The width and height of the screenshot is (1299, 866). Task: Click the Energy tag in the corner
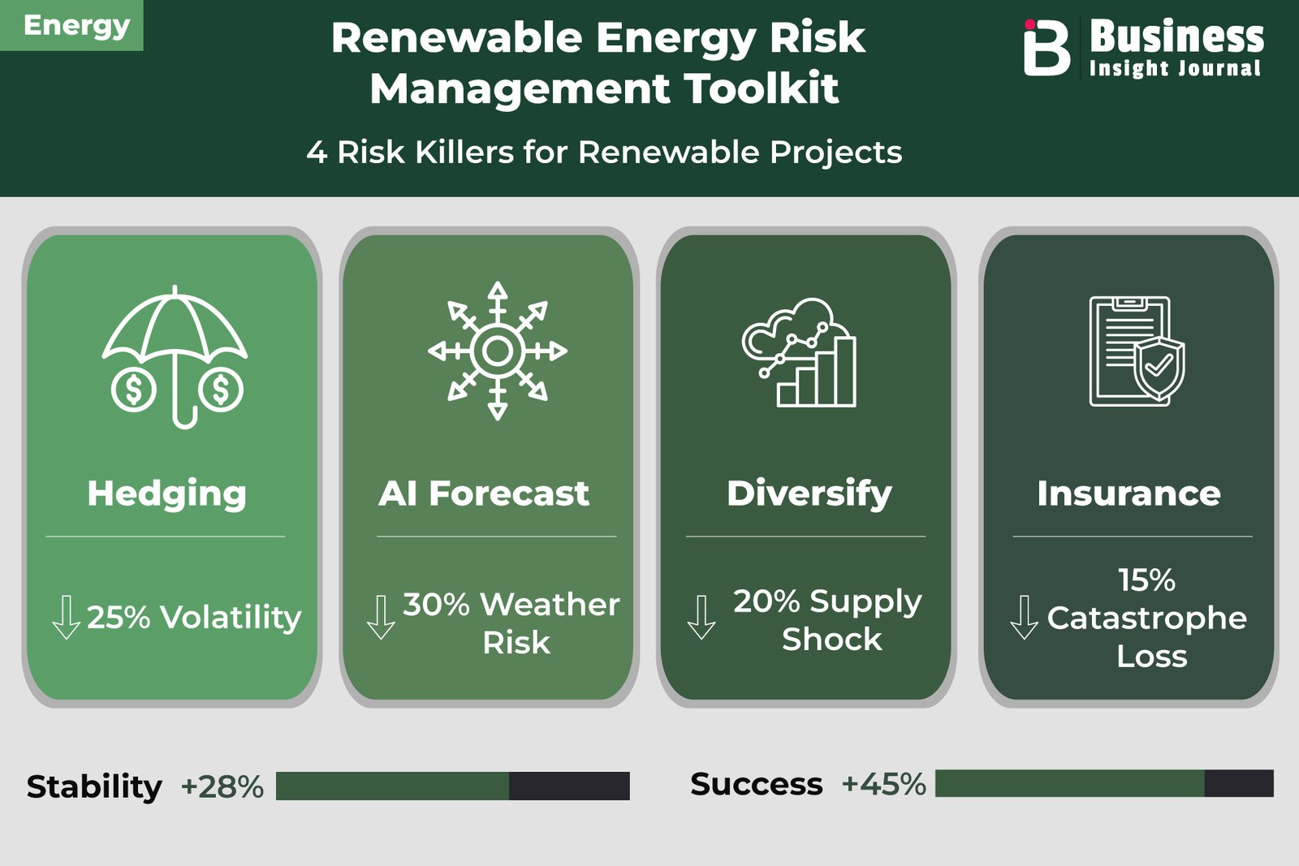point(71,25)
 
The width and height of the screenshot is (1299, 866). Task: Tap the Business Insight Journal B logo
point(1047,48)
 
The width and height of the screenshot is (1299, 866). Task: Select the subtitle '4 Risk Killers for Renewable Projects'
point(604,153)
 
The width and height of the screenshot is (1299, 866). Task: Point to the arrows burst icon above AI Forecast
point(497,351)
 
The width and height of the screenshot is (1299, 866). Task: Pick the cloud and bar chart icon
point(800,352)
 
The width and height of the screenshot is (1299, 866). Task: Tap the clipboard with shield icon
point(1137,351)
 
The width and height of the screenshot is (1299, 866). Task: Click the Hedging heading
point(167,494)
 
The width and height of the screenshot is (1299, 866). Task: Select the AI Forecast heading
point(484,493)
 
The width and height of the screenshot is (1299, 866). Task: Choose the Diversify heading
point(809,494)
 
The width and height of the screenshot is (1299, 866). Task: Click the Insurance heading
point(1129,493)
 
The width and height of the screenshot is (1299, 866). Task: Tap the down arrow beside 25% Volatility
point(66,618)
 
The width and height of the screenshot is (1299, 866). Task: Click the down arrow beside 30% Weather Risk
point(381,618)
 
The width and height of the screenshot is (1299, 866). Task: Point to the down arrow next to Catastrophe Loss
point(1024,618)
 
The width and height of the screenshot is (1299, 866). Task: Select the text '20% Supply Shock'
point(827,620)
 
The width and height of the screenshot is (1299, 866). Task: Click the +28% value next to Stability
point(222,786)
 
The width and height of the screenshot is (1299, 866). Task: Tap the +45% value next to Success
point(884,784)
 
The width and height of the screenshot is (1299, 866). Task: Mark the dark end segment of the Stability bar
point(569,786)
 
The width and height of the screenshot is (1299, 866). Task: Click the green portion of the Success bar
point(1070,784)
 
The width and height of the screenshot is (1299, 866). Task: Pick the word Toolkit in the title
point(761,88)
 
